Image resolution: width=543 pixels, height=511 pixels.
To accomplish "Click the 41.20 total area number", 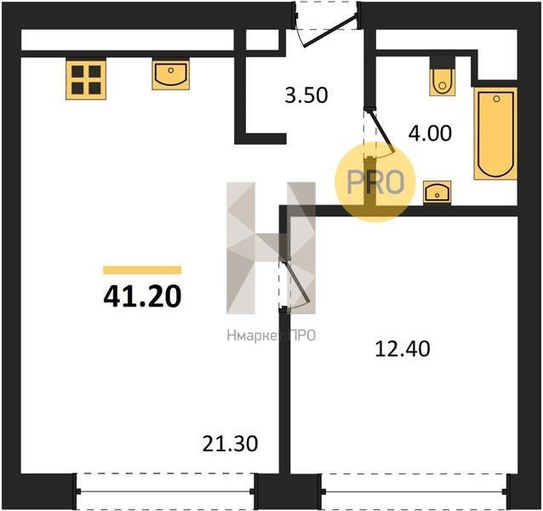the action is (142, 297).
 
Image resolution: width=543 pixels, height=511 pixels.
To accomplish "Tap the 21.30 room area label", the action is (230, 444).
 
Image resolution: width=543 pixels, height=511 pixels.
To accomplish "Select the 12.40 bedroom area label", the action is (403, 349).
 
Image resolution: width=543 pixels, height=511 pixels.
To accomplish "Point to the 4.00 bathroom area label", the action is (430, 134).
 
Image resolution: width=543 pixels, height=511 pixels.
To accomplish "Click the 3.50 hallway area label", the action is (306, 95).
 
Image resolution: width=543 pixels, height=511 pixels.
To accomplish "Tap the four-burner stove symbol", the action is (86, 79).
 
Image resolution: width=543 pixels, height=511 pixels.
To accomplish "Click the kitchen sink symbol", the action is (171, 74).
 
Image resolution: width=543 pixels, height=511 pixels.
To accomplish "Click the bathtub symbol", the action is (496, 134).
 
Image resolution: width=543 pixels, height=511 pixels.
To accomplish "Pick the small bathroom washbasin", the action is (437, 192).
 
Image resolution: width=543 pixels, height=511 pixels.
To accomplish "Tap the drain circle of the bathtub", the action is (496, 99).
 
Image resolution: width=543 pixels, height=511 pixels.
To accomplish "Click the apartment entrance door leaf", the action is (329, 32).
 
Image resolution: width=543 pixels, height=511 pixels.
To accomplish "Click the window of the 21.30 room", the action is (165, 491).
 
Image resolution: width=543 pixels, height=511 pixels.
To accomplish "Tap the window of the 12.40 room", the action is (414, 491).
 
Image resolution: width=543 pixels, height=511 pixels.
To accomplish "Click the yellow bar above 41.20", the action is (142, 270).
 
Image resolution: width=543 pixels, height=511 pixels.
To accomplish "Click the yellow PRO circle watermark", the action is (374, 182).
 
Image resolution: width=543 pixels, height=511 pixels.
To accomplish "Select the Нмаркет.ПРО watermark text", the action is (271, 336).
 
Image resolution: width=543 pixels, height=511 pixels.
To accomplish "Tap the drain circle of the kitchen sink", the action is (171, 71).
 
